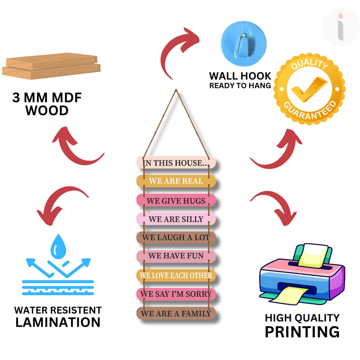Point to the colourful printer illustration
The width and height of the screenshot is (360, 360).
[302, 275]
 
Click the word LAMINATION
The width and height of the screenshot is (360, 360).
[58, 322]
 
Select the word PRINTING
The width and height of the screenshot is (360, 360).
[301, 332]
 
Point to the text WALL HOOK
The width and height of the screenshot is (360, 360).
[240, 76]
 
